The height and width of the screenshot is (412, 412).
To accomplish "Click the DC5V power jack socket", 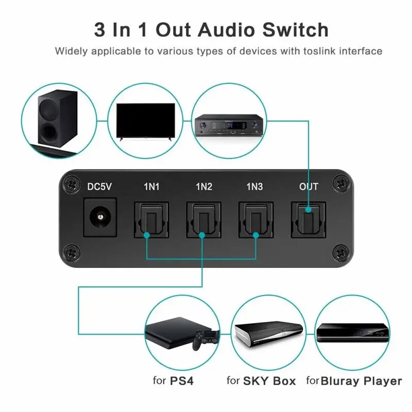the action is tap(100, 217).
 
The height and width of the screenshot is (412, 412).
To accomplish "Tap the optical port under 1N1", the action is tap(151, 220).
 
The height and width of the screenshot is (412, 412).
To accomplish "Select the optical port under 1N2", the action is tap(203, 220).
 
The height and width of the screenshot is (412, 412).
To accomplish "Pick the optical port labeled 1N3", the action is tap(256, 220).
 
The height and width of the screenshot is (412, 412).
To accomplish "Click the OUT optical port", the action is tap(308, 220).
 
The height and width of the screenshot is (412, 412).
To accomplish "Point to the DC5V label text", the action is tap(99, 187).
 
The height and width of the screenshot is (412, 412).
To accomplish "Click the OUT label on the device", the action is tap(308, 187).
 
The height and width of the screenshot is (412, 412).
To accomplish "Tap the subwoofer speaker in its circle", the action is tap(58, 118).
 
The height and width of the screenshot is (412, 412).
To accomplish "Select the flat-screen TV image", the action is tap(146, 122).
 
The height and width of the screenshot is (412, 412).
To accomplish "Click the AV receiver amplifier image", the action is tap(229, 125).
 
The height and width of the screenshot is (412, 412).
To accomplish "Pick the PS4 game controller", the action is tap(207, 339).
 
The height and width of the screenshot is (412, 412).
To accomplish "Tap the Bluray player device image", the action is tap(353, 333).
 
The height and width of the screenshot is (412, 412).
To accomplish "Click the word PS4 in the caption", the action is tap(182, 381).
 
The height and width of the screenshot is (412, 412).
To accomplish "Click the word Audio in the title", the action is tap(228, 30).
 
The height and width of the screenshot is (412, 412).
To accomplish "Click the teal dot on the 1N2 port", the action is tap(202, 235).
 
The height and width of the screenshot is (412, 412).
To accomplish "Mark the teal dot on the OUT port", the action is tap(308, 210).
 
